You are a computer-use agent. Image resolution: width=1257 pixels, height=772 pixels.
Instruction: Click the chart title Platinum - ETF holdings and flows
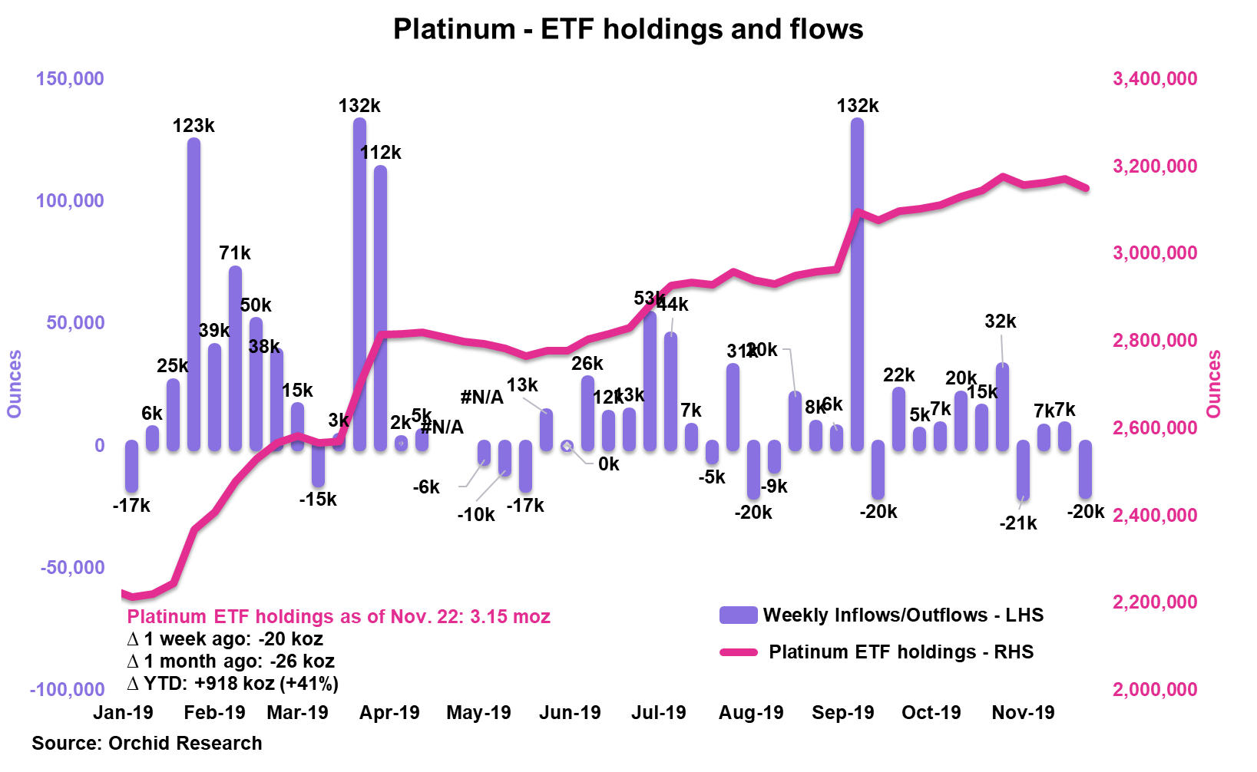point(627,29)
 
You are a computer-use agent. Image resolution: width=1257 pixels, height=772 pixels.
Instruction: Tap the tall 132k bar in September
point(857,284)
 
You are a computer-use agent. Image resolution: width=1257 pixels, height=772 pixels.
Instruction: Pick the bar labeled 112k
point(380,307)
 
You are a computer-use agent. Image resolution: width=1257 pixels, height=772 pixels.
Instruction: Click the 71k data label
point(234,253)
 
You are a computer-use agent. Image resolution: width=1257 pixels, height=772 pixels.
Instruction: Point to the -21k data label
point(1017,523)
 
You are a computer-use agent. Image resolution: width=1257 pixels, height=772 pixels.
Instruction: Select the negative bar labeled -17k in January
point(131,466)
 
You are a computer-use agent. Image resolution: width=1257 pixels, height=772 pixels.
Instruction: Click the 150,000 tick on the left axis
point(70,78)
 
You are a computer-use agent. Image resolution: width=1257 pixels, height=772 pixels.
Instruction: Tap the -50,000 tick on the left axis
point(72,567)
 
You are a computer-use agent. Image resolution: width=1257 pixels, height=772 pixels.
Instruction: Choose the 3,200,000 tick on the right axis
point(1154,166)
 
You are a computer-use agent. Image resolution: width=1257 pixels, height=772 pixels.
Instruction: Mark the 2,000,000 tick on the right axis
point(1154,689)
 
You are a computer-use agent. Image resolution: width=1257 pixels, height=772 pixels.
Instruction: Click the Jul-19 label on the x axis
point(658,713)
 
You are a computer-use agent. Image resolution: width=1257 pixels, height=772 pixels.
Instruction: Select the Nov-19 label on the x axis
point(1023,713)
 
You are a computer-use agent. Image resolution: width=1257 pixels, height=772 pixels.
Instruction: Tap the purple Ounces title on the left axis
point(14,384)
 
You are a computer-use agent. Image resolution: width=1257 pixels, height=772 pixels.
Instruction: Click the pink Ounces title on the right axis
point(1213,384)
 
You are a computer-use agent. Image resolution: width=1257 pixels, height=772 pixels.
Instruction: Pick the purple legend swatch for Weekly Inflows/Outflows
point(738,615)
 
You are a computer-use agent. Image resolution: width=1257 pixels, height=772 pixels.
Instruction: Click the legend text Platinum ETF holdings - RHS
point(901,652)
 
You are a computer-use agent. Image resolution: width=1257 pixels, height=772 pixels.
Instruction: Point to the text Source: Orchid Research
point(147,743)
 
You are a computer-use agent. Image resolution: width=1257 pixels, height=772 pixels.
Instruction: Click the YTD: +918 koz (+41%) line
point(233,684)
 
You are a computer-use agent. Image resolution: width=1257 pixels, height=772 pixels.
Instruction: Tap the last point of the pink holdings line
point(1086,188)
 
